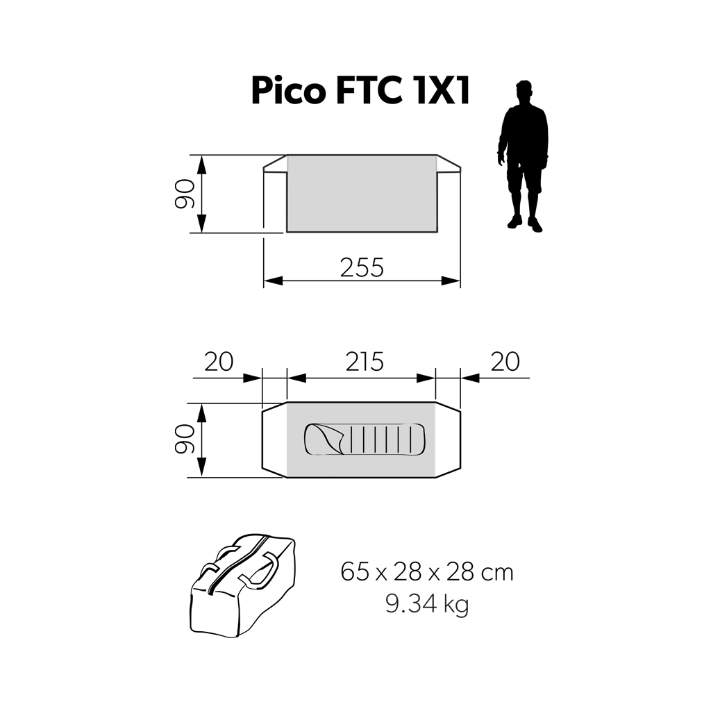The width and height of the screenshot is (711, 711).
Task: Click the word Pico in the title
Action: [288, 91]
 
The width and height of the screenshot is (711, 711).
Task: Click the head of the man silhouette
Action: [525, 92]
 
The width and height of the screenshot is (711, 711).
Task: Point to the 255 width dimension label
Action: [362, 267]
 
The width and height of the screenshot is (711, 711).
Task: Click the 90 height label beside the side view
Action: [185, 194]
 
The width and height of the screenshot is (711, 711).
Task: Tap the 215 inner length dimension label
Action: [365, 362]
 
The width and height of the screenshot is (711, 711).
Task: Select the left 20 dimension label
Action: [219, 362]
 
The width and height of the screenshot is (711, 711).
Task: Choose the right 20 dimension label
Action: [505, 362]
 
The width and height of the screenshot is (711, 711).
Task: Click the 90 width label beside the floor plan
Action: [185, 440]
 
